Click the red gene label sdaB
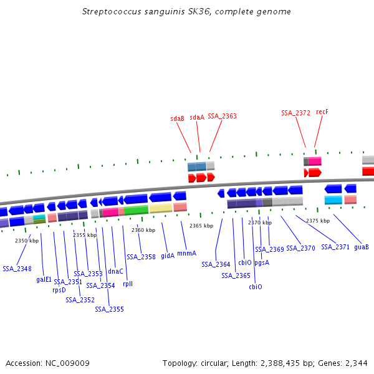(177, 118)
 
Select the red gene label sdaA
(197, 117)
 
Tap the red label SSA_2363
(222, 116)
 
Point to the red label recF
(322, 112)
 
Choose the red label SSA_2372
(295, 113)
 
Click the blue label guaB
(362, 247)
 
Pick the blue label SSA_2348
(17, 269)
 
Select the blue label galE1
(44, 279)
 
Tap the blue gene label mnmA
(186, 253)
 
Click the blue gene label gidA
(168, 256)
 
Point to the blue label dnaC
(115, 271)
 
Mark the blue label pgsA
(262, 262)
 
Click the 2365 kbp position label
(201, 226)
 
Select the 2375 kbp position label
(318, 221)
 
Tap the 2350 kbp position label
(27, 241)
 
